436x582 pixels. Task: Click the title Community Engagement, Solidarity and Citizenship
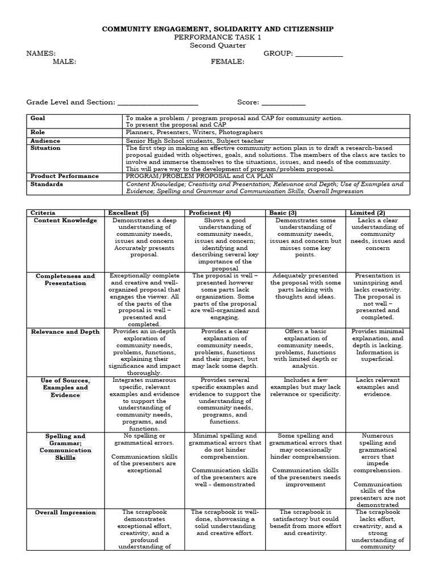pos(217,28)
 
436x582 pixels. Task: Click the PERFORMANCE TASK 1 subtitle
pos(217,36)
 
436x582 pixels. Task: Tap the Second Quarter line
pos(217,44)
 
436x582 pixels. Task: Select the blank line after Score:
pos(283,103)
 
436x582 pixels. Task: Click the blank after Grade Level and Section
pos(157,103)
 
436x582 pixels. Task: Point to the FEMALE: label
pos(228,61)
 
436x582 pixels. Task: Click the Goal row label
pos(37,118)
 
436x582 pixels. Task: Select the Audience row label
pos(45,140)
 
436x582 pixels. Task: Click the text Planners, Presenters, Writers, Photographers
pos(186,132)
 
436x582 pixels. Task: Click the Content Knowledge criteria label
pos(65,221)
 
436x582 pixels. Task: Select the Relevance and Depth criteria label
pos(65,332)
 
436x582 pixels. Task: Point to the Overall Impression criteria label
pos(65,513)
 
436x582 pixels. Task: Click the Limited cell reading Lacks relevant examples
pos(378,387)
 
